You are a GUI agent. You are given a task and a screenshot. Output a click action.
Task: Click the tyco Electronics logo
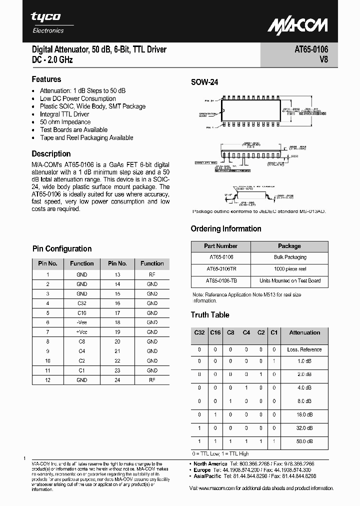[47, 22]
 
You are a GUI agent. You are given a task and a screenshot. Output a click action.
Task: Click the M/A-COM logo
[297, 25]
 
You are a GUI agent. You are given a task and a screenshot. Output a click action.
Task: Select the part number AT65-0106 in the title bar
[308, 50]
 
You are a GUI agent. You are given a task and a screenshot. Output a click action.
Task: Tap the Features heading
[46, 79]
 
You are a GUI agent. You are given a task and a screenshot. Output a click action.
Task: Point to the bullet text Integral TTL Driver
[64, 114]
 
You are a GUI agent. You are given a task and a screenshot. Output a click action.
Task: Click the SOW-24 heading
[204, 83]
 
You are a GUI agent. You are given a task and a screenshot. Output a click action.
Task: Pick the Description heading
[51, 154]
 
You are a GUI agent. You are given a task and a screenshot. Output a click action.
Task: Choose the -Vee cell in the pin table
[82, 322]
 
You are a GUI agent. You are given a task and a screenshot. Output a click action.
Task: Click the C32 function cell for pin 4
[82, 303]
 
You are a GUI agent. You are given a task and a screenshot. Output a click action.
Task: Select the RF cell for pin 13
[152, 274]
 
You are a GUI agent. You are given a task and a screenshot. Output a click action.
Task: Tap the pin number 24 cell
[117, 380]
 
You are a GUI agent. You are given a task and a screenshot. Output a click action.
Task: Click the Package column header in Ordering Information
[289, 246]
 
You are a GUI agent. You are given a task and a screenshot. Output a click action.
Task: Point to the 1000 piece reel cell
[289, 269]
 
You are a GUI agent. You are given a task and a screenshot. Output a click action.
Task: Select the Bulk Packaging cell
[289, 257]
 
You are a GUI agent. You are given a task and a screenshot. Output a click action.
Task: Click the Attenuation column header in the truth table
[304, 332]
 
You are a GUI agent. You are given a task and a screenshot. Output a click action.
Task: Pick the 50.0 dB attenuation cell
[304, 441]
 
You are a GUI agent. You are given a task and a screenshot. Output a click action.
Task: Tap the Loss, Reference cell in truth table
[304, 349]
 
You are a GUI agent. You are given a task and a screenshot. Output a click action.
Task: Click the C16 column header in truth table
[215, 332]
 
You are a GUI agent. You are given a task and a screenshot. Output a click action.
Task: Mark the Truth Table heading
[210, 315]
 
